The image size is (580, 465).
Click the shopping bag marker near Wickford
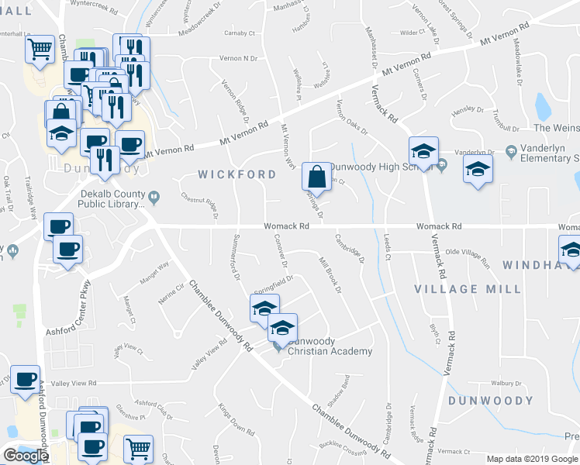(x=317, y=177)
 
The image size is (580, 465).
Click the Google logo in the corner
(x=26, y=456)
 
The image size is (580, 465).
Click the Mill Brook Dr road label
(x=330, y=275)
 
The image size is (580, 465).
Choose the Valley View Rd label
(x=74, y=383)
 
